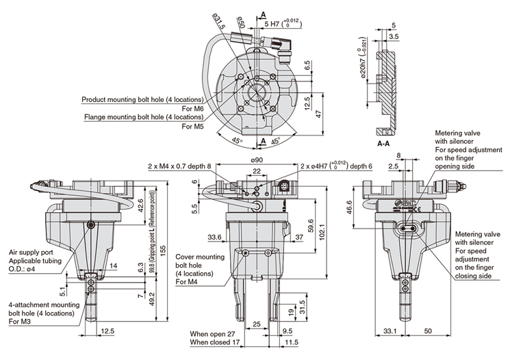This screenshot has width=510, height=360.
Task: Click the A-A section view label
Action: tap(383, 144)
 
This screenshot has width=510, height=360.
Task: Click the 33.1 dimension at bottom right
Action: tap(388, 331)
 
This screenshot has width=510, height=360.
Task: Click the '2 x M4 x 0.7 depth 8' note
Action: tap(179, 166)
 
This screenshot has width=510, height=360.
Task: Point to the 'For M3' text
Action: tap(21, 322)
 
